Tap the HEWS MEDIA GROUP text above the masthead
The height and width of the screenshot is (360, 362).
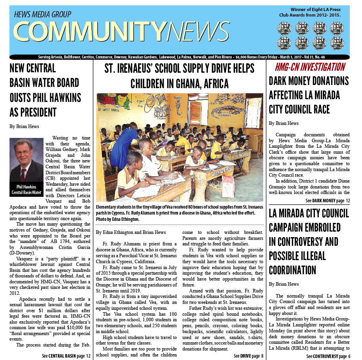(x=42, y=15)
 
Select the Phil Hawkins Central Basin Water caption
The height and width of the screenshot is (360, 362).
(x=26, y=189)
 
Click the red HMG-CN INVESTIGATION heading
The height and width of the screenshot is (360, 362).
(x=310, y=67)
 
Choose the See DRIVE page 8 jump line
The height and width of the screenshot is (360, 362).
(x=248, y=356)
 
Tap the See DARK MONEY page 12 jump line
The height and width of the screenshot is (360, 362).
(x=328, y=201)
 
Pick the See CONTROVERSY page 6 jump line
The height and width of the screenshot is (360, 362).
(x=328, y=356)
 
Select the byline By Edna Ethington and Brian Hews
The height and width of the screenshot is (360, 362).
(x=131, y=232)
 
